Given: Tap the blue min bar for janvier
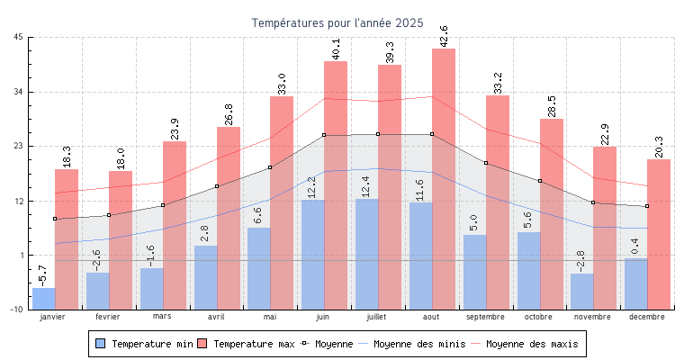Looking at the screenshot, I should (43, 298).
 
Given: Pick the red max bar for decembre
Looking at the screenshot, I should (659, 234).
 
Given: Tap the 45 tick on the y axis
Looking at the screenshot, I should (19, 37).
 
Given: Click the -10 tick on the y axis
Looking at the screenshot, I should (17, 310).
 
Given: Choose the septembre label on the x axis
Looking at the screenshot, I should (486, 317).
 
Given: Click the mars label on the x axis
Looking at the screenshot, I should (162, 316).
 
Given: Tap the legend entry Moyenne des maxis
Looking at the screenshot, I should (527, 344).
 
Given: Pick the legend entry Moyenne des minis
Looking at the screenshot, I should (410, 344).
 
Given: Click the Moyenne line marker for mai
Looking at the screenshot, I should (270, 167).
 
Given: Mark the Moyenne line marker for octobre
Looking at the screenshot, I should (540, 181).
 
